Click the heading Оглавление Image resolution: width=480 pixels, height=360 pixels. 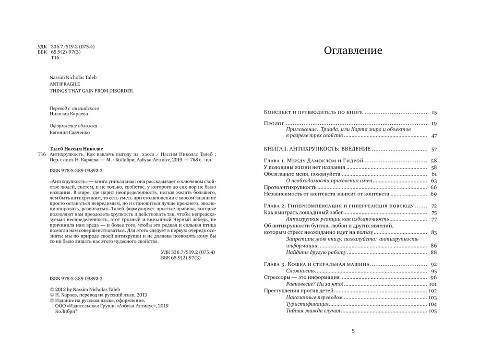point(353,50)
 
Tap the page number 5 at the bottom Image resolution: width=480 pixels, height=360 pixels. point(353,331)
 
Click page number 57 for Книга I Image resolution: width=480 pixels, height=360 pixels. point(433,149)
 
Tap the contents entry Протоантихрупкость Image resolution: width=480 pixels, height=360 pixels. point(289,187)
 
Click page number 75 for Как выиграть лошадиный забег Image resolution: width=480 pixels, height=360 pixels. point(433,213)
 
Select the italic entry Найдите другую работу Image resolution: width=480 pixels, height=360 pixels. point(315,252)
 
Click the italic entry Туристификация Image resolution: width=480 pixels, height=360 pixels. point(308,304)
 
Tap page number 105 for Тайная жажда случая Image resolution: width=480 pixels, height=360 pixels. point(432,311)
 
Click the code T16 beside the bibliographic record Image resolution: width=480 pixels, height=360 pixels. point(41,155)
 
